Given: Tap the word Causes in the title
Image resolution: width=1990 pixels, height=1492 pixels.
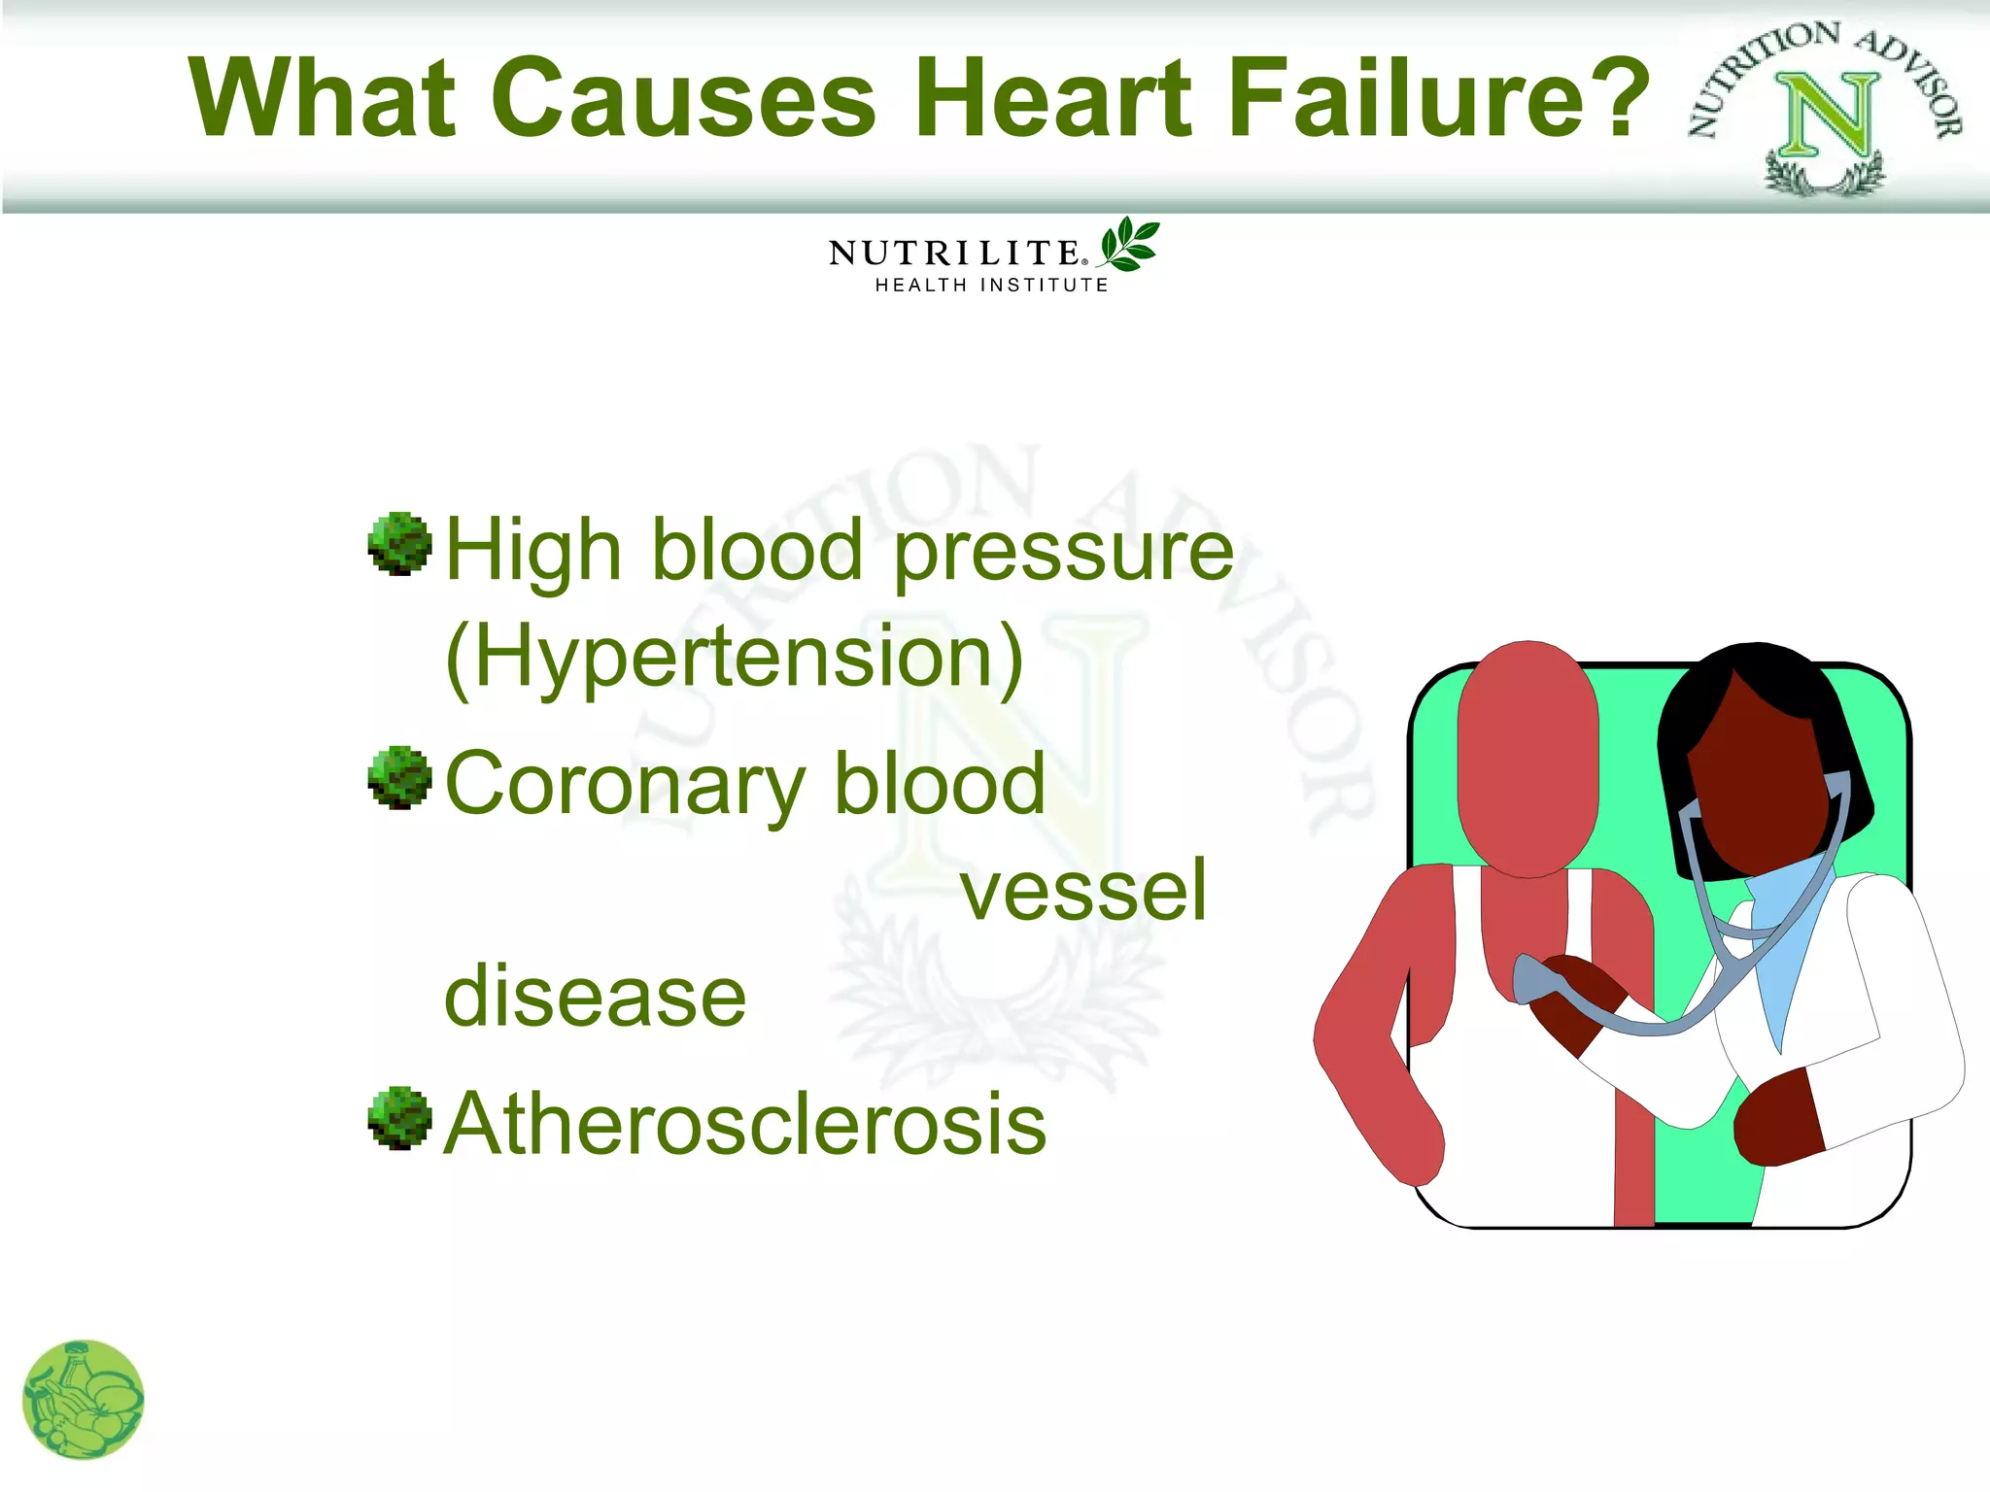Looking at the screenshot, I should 684,97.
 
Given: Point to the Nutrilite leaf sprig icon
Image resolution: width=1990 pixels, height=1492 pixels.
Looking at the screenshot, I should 1129,244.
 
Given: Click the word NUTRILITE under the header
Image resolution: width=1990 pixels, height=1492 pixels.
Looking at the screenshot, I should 955,254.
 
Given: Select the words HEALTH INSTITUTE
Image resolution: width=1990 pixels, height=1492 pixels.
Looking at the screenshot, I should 991,286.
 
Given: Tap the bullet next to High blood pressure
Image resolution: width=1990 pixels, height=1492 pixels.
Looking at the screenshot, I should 399,544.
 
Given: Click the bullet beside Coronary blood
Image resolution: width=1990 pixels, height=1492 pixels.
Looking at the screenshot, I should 399,778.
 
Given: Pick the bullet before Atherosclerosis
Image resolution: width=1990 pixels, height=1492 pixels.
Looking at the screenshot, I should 399,1118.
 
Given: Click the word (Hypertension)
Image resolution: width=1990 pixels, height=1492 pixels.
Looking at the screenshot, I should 735,658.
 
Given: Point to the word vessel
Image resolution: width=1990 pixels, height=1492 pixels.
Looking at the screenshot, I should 1083,891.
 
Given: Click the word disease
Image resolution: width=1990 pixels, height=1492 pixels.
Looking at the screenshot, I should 595,997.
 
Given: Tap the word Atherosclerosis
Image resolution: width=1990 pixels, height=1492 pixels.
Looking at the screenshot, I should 745,1124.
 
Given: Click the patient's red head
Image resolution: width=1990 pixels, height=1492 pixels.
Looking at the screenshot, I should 1527,758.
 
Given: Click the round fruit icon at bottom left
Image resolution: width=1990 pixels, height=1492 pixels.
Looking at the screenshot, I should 83,1400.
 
